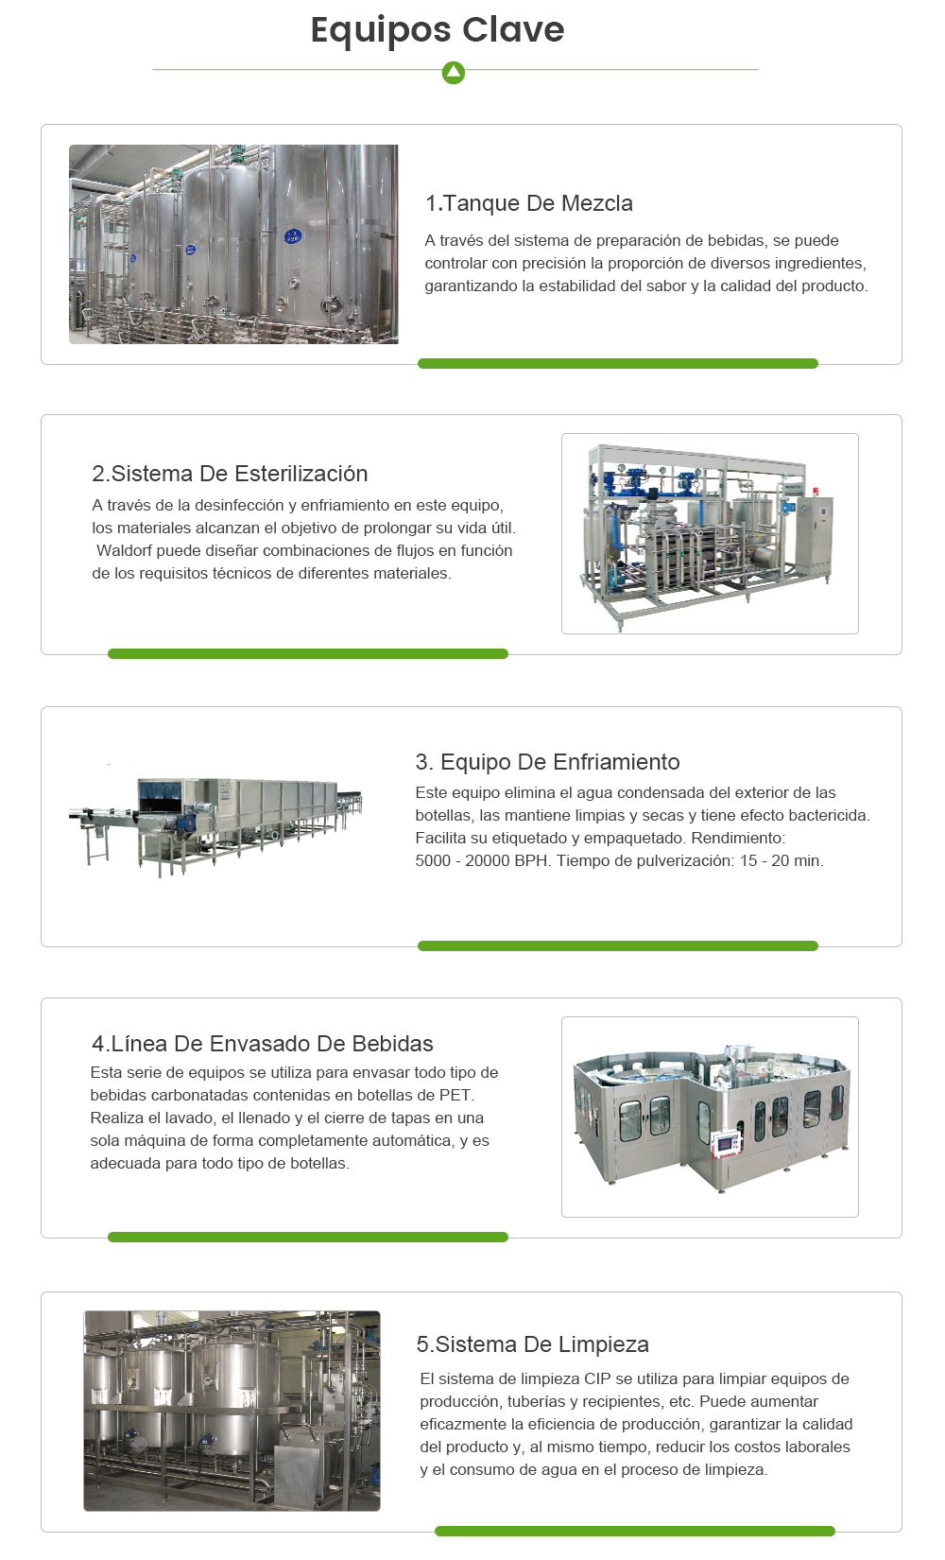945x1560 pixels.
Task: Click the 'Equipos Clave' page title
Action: [438, 30]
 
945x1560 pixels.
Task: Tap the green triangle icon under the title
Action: [454, 72]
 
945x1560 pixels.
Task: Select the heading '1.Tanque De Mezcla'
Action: [528, 203]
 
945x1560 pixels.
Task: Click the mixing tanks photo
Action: [233, 244]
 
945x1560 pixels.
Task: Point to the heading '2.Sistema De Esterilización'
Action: [230, 474]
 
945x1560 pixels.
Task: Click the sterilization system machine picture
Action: [709, 533]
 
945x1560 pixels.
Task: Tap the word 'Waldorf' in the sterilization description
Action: [124, 550]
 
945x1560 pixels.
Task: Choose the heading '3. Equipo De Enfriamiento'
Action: [547, 762]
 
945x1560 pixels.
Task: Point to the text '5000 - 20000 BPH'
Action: [481, 860]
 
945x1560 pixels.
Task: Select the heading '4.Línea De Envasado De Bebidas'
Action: [262, 1044]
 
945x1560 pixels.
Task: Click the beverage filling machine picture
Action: [710, 1117]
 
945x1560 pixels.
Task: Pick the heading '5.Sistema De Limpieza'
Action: [532, 1344]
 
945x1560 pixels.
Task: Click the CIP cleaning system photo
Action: [232, 1411]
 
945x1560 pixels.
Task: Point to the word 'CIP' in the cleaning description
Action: [597, 1378]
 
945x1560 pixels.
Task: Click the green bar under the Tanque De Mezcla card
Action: [617, 364]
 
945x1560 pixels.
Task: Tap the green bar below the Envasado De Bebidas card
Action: [307, 1237]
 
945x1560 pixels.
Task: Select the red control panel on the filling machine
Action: [726, 1142]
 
